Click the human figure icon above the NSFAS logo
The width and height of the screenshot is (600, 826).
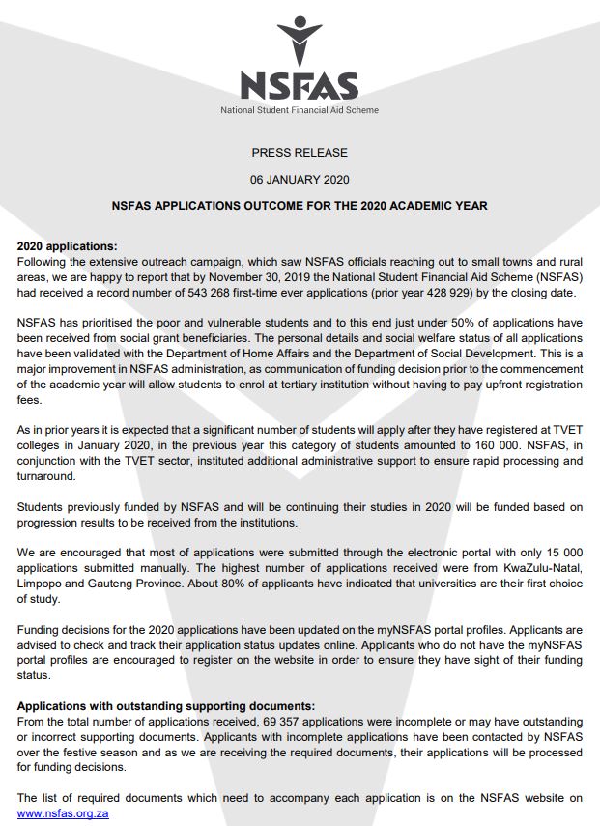[x=300, y=42]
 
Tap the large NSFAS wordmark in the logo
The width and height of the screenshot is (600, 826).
[x=300, y=86]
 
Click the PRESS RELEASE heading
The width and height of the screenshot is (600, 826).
[x=300, y=153]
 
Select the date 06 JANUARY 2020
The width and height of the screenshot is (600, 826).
[x=300, y=180]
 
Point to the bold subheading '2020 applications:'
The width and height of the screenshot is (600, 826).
[x=67, y=246]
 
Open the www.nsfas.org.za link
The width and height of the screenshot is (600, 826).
[x=63, y=814]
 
